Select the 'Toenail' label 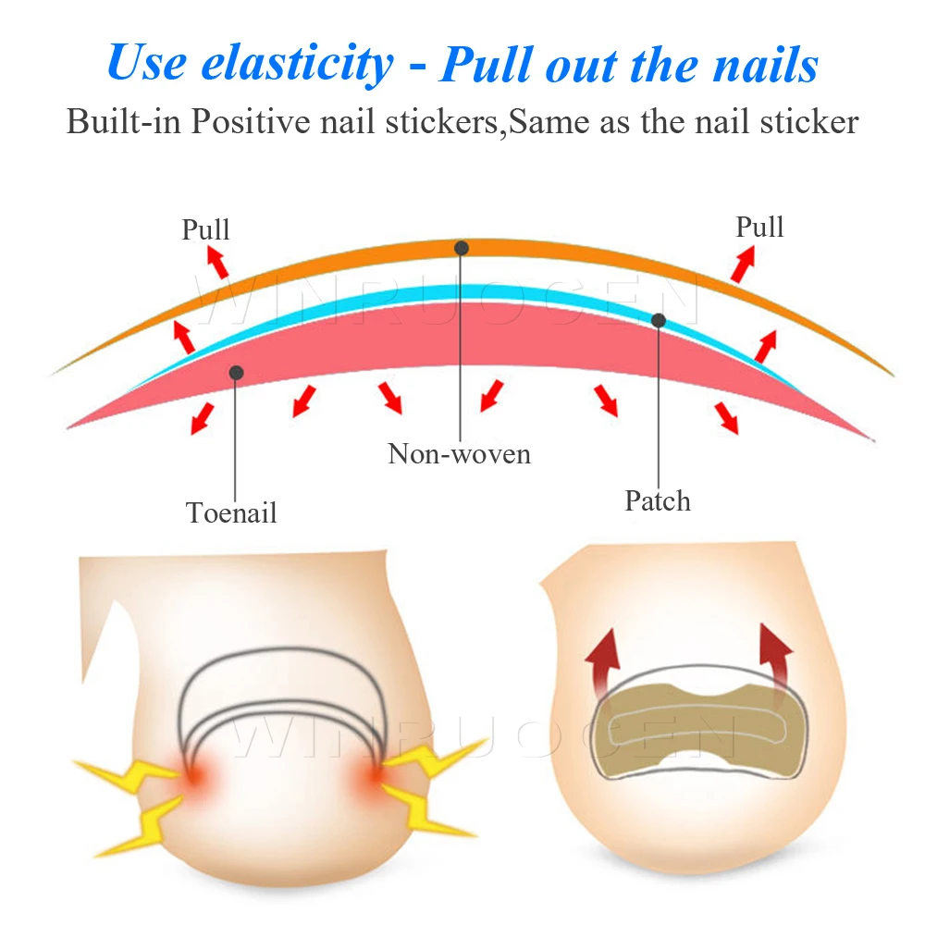click(231, 512)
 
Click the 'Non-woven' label click(460, 453)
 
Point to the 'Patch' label click(658, 500)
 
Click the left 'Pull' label click(205, 228)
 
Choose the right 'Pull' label click(759, 227)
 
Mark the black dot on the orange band click(462, 248)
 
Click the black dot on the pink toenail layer click(237, 372)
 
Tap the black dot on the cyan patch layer click(659, 320)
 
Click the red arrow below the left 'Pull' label click(216, 265)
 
